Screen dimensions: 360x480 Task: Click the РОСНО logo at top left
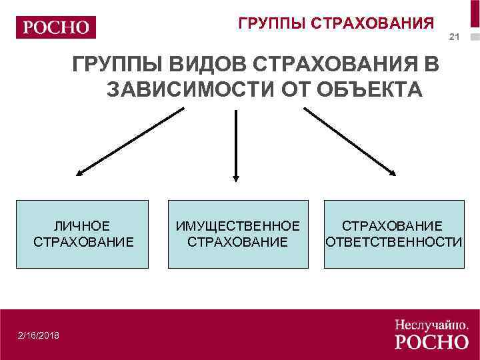tap(56, 27)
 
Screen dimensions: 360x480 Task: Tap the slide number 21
tap(455, 37)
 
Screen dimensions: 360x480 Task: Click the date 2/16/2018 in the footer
tap(39, 335)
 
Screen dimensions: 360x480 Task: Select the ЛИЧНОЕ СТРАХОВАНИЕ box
tap(82, 234)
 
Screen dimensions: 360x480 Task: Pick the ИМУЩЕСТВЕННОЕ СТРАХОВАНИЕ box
tap(238, 234)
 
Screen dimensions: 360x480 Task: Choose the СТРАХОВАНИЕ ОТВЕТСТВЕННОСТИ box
tap(393, 234)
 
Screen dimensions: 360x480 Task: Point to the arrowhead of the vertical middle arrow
tap(235, 177)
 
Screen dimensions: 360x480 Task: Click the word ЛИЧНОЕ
tap(83, 226)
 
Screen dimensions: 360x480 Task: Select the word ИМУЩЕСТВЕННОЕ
tap(238, 226)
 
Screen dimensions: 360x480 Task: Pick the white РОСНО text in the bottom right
tap(431, 342)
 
